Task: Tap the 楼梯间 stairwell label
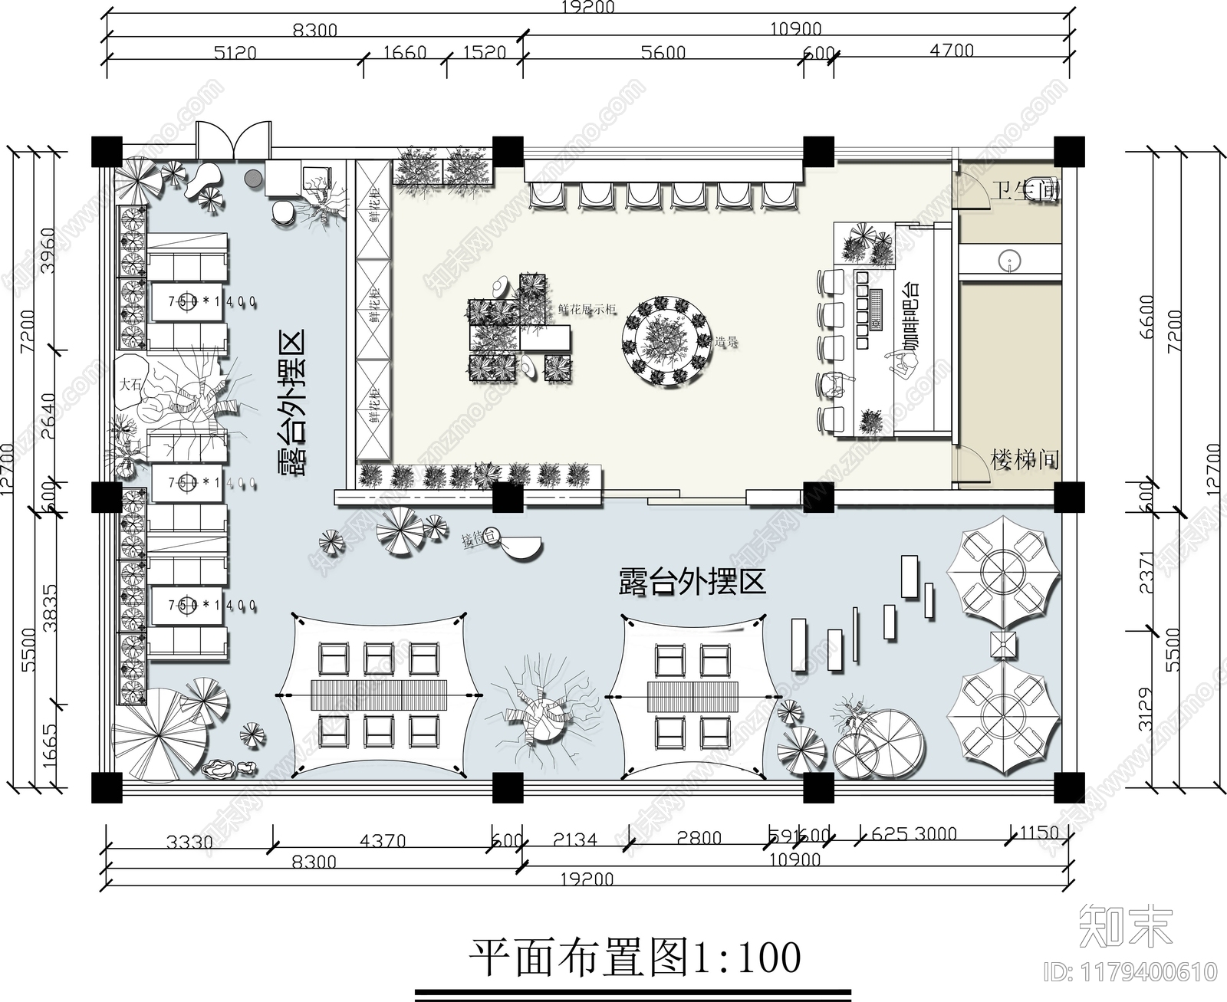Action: tap(1025, 460)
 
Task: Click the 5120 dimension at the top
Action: tap(235, 53)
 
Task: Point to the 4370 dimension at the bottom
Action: tap(383, 841)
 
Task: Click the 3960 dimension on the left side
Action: tap(48, 250)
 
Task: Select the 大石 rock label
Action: tap(131, 384)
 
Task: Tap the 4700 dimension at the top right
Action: tap(951, 51)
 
